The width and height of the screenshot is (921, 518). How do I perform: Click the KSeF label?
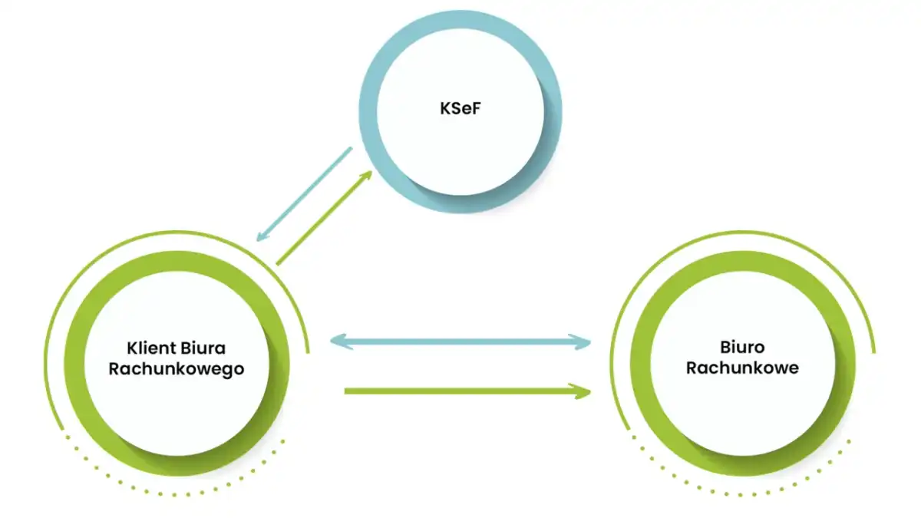[460, 108]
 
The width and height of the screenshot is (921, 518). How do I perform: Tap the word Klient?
[151, 348]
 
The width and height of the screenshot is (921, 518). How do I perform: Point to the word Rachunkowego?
[177, 369]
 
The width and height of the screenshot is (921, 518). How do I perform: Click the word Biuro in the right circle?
[742, 348]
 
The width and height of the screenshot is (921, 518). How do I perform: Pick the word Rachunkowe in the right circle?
[742, 368]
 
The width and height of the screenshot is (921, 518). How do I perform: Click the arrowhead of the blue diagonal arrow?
[262, 236]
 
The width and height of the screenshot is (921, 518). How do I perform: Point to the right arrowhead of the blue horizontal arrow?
[580, 342]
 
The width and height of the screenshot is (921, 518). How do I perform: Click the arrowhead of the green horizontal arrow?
[580, 391]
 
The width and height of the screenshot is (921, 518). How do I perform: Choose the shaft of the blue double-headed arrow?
[460, 341]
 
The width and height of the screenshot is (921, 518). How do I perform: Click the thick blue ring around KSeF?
[368, 111]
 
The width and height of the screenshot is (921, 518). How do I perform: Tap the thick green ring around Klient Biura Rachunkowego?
[74, 364]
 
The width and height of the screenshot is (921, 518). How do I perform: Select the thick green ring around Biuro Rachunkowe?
[640, 364]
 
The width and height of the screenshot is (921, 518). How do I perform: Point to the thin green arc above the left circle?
[177, 232]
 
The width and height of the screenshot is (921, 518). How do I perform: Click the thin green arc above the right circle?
[742, 232]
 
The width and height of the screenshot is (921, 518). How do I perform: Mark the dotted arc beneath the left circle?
[174, 494]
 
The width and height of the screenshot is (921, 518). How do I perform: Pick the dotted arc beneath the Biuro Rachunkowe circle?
[740, 494]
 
